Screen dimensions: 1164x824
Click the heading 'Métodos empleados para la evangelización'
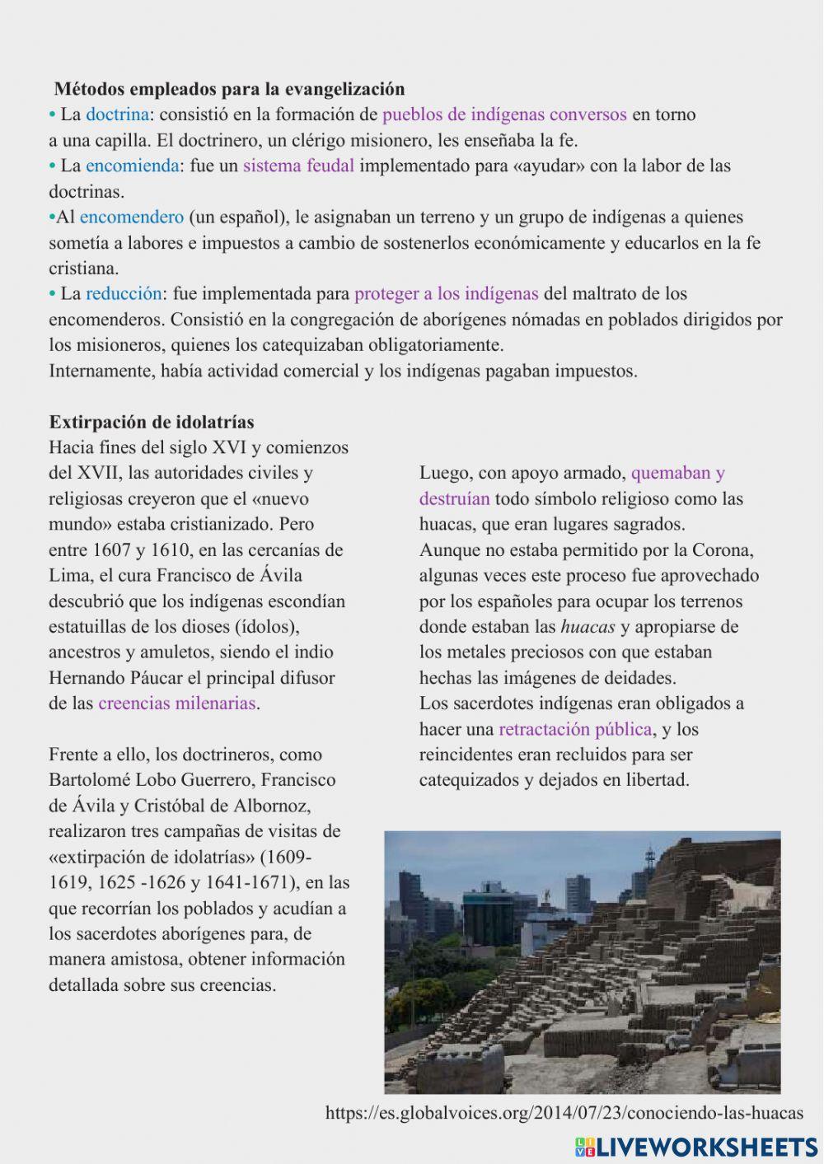click(229, 89)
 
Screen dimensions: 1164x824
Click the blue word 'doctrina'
click(117, 115)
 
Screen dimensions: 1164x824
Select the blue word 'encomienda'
click(132, 166)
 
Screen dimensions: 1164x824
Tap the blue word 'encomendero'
click(131, 217)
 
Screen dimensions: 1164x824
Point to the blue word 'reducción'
click(124, 294)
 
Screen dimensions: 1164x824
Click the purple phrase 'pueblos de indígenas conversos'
click(504, 115)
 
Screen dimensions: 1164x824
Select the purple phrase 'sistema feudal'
click(298, 166)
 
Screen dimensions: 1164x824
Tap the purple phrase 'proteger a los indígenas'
click(446, 294)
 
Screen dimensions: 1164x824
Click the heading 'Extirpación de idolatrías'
click(152, 423)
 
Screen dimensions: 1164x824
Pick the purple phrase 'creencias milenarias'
click(177, 704)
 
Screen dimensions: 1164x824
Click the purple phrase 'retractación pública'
click(575, 729)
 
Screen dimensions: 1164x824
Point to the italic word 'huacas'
click(588, 627)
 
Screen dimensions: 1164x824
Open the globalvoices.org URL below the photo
click(564, 1113)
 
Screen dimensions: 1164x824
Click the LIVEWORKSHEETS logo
click(696, 1147)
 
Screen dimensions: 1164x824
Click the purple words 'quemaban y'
click(677, 474)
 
